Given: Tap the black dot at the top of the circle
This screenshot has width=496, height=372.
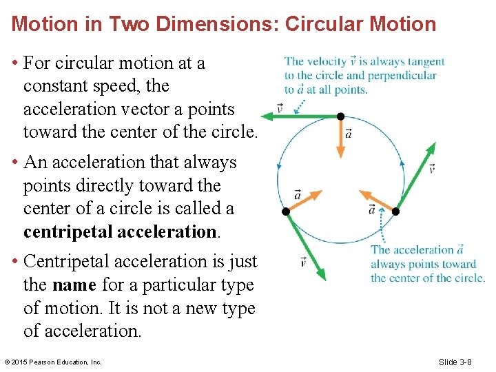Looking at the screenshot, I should [340, 116].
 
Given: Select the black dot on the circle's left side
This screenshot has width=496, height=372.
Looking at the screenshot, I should [285, 211].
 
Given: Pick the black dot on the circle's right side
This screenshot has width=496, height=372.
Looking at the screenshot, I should [395, 211].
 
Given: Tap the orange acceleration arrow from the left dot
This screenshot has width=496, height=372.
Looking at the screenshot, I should [303, 201].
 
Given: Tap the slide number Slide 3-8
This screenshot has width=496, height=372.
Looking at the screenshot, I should [455, 362].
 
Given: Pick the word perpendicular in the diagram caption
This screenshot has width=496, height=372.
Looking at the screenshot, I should [401, 76].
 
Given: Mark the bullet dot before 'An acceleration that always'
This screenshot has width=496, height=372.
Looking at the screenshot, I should [15, 163].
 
